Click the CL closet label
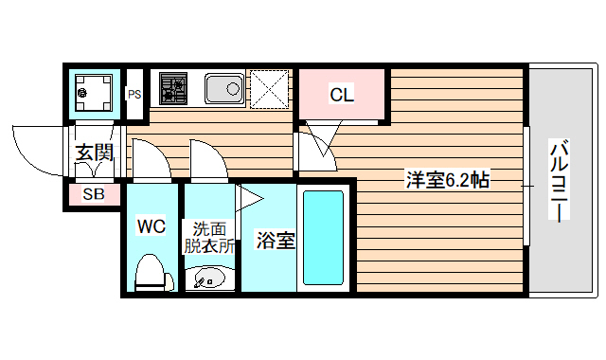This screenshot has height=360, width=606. [342, 94]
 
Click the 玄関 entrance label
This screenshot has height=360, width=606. [95, 153]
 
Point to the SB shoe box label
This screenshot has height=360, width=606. [94, 195]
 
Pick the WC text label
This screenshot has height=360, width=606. [151, 226]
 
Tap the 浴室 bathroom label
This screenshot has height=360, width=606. [276, 241]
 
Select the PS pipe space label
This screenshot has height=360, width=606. [134, 94]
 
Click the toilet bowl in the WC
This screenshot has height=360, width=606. [151, 273]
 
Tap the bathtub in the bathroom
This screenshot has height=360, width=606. [323, 239]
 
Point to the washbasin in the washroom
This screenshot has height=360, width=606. [209, 279]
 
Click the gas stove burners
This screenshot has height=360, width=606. [173, 88]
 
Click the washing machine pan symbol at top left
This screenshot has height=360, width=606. [93, 93]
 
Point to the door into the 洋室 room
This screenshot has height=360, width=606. [317, 147]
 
